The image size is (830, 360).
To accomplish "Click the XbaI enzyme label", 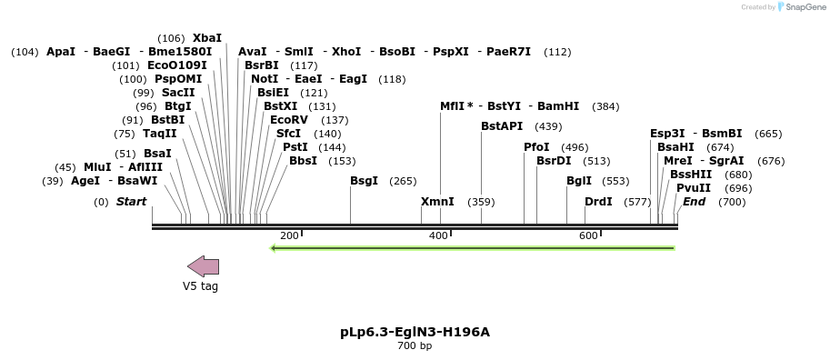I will coord(207,38).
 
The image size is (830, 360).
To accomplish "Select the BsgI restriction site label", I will coord(364,181).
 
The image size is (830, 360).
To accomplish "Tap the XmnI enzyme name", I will coord(437,202).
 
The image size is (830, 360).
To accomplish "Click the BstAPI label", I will coord(502,126).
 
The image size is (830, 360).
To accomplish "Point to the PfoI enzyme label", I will coord(536,147).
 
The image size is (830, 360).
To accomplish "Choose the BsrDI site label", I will coord(554,161).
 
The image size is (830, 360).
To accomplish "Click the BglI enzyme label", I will coord(579,181).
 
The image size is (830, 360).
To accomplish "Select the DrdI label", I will coord(598,202).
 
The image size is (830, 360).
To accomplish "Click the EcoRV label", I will coord(289,120).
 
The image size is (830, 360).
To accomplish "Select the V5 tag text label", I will coord(200,286).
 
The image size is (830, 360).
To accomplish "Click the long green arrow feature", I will coord(473,247).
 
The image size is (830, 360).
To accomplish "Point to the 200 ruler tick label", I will coord(289,236).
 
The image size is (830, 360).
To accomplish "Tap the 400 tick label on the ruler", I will coord(438,236).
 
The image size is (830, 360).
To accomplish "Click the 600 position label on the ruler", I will coord(588,236).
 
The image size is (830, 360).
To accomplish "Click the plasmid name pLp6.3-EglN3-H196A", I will coord(415,332).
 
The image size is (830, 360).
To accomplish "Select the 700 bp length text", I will coord(415,346).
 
